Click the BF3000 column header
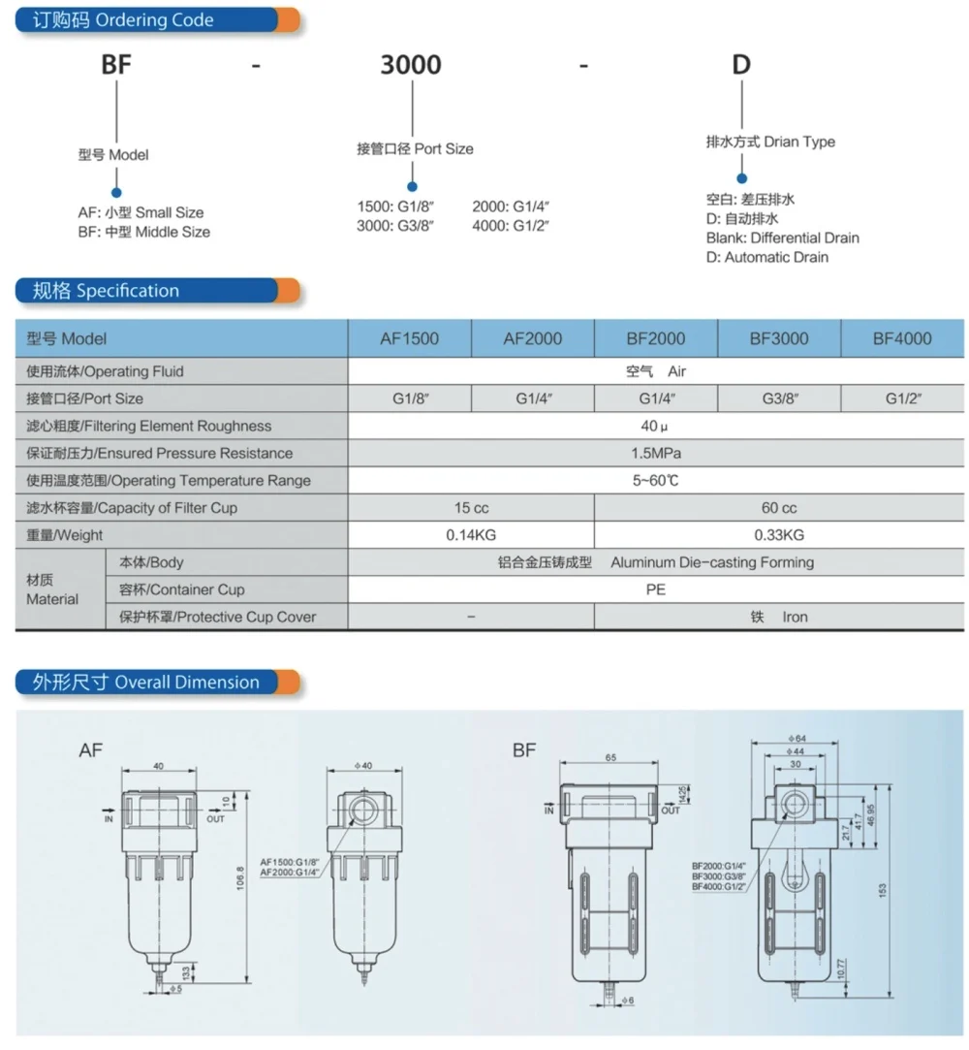778,338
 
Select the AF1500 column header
409,338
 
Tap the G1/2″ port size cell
902,398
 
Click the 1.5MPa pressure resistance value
655,453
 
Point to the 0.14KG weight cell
470,535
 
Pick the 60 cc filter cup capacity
778,508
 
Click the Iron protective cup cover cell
778,617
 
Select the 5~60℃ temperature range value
655,480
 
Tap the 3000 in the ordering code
410,65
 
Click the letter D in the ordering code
740,65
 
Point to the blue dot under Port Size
412,186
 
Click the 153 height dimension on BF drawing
884,890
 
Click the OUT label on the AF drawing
215,819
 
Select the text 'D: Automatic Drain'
766,257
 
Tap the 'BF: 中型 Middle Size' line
143,232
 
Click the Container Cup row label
181,589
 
